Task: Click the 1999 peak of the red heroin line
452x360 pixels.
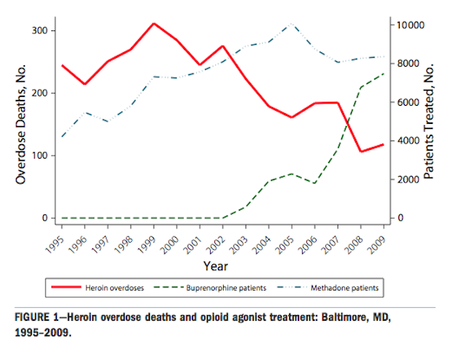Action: click(154, 23)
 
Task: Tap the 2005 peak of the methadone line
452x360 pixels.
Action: click(291, 24)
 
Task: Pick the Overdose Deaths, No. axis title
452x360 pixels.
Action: click(21, 124)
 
